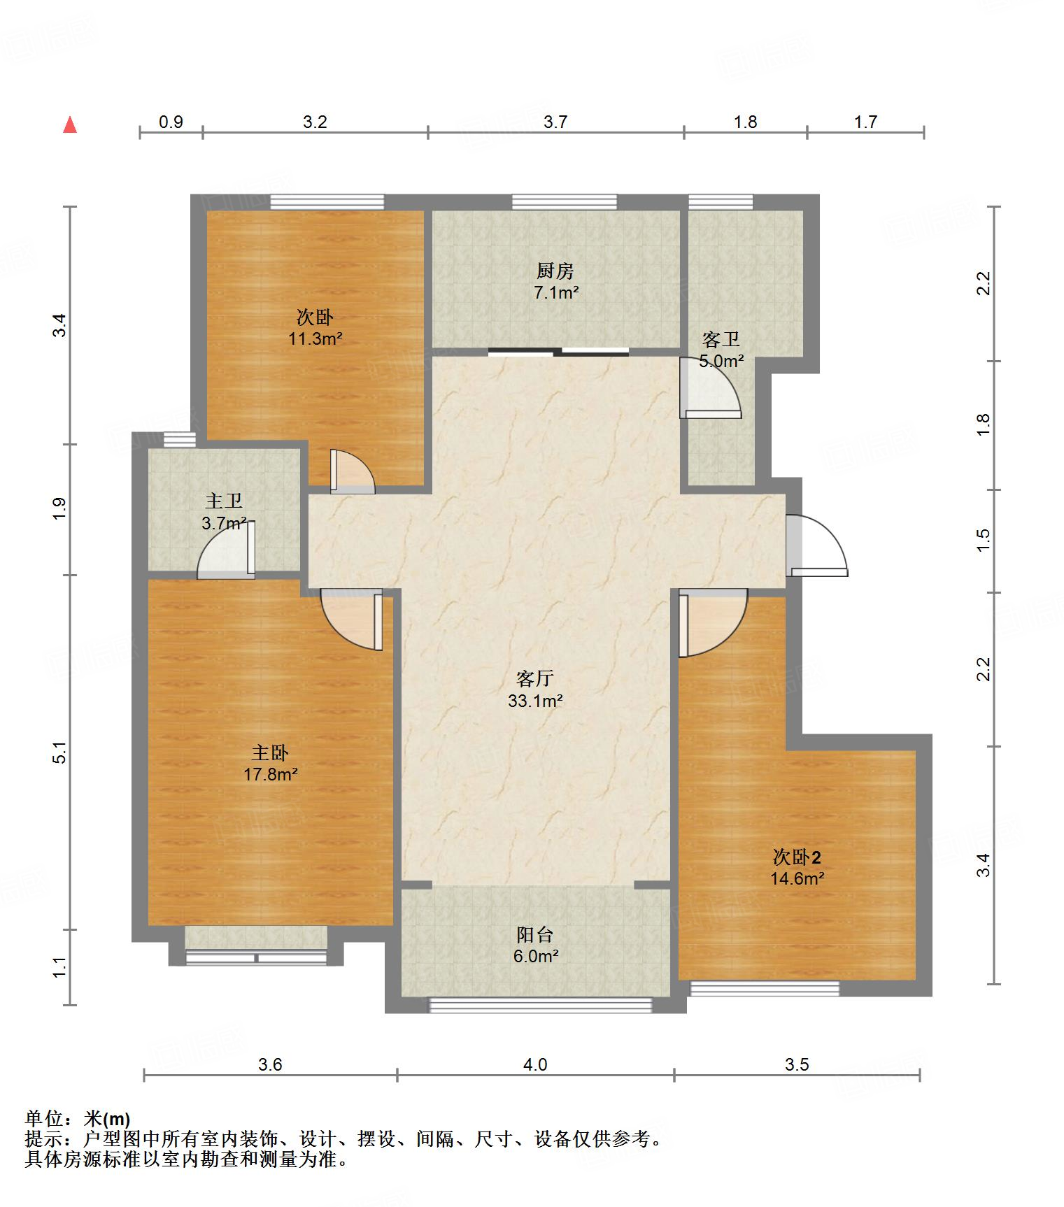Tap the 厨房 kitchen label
pyautogui.click(x=555, y=270)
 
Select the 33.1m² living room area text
pyautogui.click(x=536, y=700)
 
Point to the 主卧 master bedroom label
pyautogui.click(x=270, y=752)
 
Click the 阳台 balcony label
pyautogui.click(x=535, y=934)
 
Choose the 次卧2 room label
pyautogui.click(x=797, y=857)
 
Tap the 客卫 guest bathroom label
pyautogui.click(x=721, y=340)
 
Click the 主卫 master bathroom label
pyautogui.click(x=224, y=501)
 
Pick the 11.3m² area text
pyautogui.click(x=315, y=339)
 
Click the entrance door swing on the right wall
pyautogui.click(x=816, y=545)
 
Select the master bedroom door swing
pyautogui.click(x=352, y=620)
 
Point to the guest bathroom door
pyautogui.click(x=710, y=387)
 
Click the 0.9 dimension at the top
pyautogui.click(x=171, y=122)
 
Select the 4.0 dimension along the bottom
pyautogui.click(x=535, y=1064)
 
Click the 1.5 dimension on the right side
pyautogui.click(x=984, y=539)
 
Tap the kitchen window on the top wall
pyautogui.click(x=565, y=202)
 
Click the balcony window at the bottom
pyautogui.click(x=540, y=1006)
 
